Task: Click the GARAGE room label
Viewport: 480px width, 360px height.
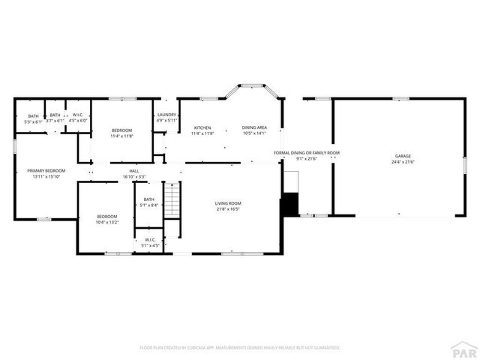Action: click(403, 156)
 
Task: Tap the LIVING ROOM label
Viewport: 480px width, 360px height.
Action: click(228, 203)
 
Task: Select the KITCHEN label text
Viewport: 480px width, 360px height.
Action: click(202, 127)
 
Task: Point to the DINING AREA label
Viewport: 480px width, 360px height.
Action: click(254, 127)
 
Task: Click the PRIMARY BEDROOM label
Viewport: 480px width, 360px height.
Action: click(46, 171)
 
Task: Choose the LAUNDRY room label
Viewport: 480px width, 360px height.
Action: click(166, 115)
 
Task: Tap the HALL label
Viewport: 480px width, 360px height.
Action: click(134, 171)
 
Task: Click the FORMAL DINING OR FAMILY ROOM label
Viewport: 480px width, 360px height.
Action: click(306, 153)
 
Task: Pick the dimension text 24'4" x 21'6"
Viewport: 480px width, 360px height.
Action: click(403, 162)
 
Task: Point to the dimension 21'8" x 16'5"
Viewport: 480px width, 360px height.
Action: click(228, 209)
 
